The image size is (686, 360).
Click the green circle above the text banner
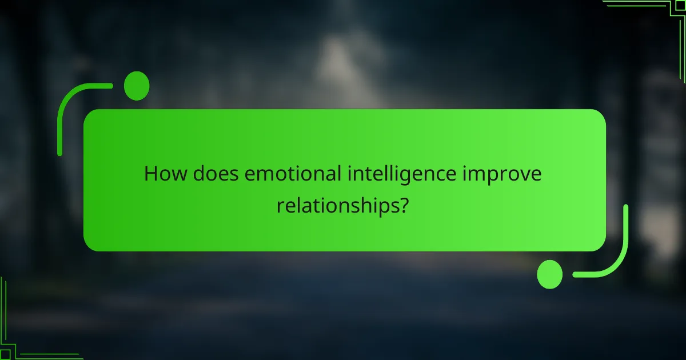tap(137, 86)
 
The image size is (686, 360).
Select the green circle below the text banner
tap(550, 274)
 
